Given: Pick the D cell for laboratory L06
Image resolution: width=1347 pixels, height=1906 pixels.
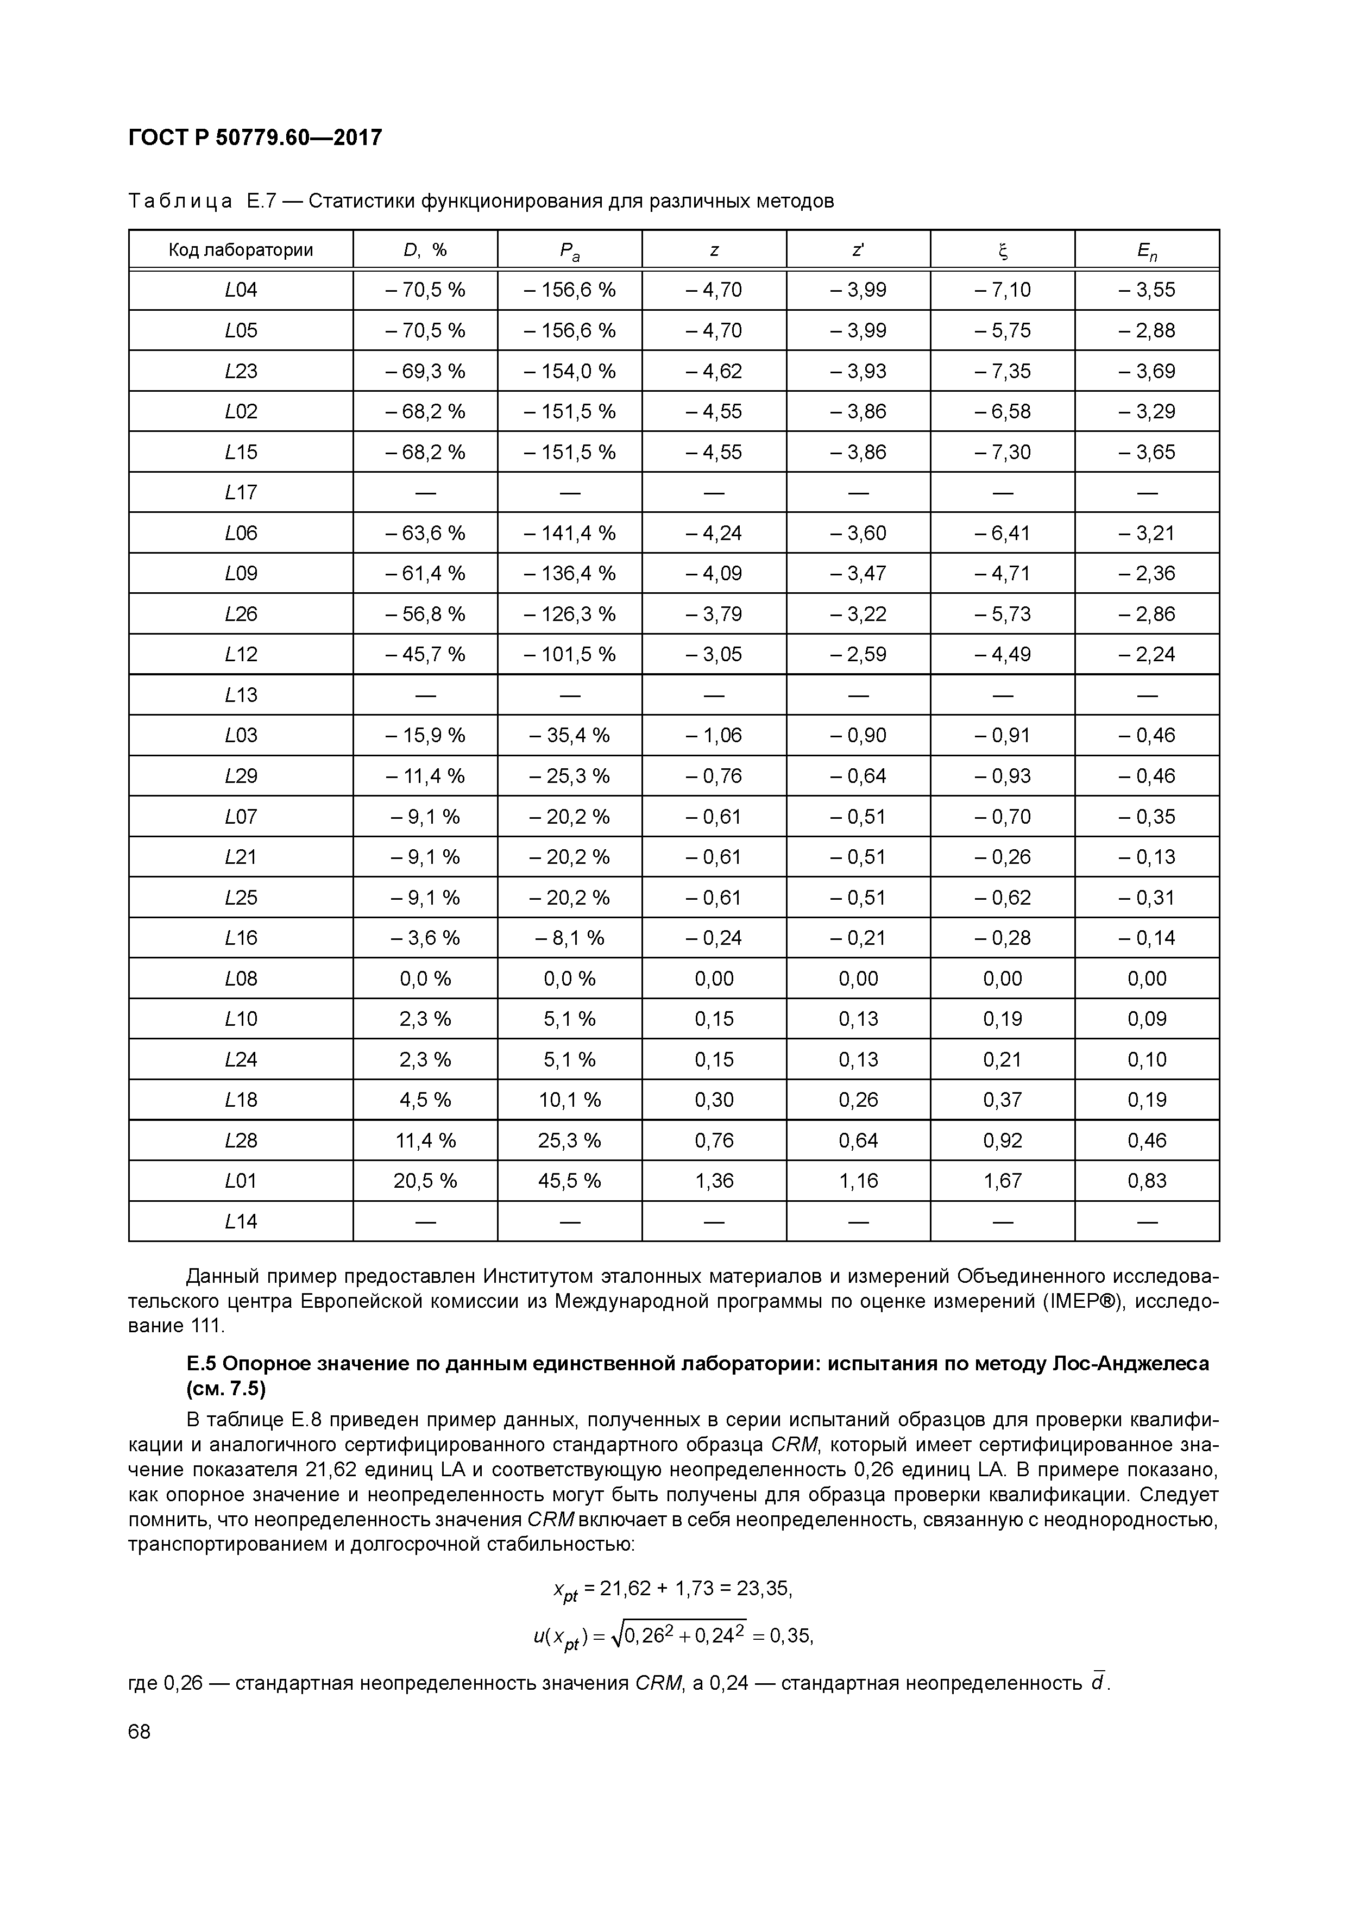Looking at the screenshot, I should tap(425, 533).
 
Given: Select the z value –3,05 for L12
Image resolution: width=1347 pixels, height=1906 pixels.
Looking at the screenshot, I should tap(714, 654).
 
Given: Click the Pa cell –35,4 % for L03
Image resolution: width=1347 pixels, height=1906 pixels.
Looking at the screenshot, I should tap(569, 736).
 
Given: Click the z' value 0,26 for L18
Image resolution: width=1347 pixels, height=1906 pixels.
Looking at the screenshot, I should tap(858, 1100).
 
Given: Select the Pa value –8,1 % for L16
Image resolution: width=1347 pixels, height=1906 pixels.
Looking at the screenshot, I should tap(569, 938).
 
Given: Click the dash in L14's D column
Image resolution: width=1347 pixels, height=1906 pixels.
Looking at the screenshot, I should tap(425, 1221).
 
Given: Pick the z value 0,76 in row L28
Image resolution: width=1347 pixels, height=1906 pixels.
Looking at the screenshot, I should tap(714, 1140).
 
